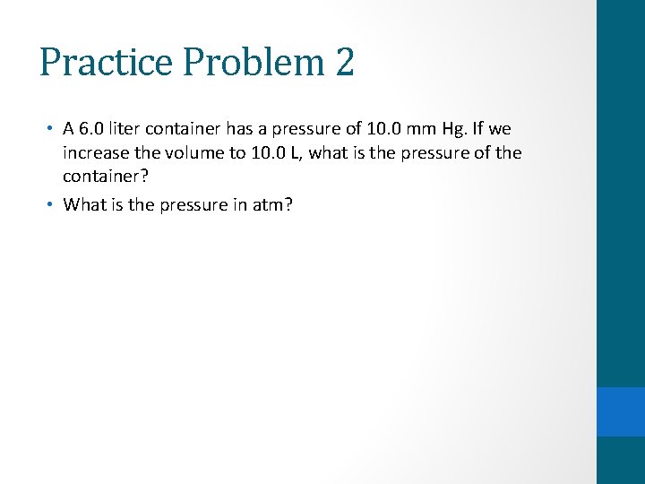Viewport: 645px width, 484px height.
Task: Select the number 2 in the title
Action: [345, 62]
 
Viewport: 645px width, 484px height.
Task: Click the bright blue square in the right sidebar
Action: [621, 411]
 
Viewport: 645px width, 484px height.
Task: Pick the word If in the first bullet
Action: [469, 129]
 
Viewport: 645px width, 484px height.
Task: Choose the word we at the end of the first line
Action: [498, 129]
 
